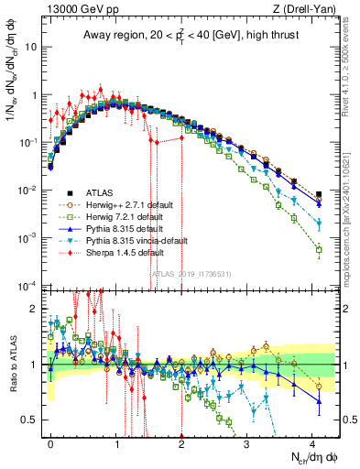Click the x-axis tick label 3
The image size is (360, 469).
pos(247,442)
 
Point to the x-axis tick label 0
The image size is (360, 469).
pos(51,442)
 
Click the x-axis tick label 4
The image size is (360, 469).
pos(312,442)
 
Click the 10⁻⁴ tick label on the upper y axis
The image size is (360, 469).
pos(27,285)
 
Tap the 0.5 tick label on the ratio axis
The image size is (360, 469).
pos(29,420)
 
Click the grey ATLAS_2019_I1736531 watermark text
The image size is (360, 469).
pos(184,272)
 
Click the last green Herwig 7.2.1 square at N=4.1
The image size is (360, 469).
pos(319,249)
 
